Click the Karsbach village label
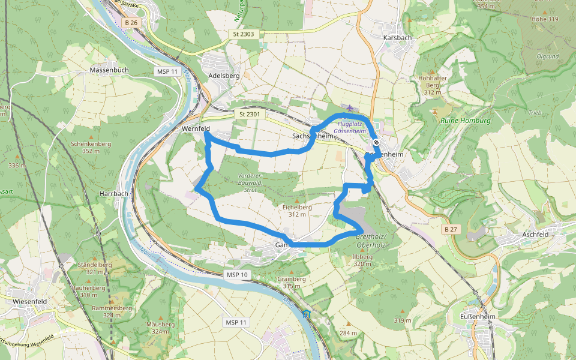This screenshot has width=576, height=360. click(x=397, y=38)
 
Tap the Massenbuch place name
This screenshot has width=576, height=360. click(x=109, y=70)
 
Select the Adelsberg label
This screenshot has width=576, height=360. click(x=223, y=76)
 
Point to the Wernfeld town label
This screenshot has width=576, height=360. click(x=195, y=128)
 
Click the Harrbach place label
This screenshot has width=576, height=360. click(x=114, y=194)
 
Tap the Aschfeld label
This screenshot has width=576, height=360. click(x=538, y=234)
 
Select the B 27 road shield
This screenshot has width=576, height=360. click(x=451, y=230)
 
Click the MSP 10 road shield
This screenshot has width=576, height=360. click(x=236, y=275)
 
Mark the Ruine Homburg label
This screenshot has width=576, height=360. click(x=466, y=121)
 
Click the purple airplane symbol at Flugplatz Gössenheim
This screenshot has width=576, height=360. click(x=350, y=107)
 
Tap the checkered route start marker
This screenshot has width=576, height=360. click(x=376, y=142)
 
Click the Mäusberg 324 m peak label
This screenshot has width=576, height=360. click(x=161, y=328)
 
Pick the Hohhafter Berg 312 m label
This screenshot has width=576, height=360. click(x=433, y=85)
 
